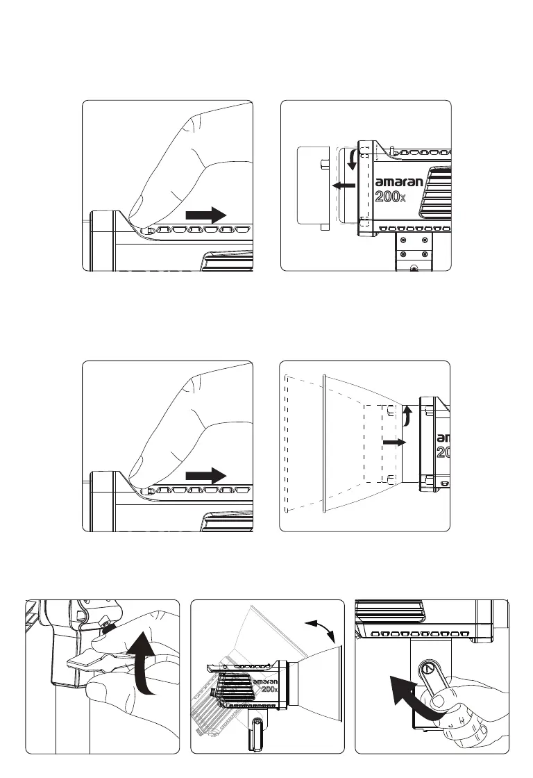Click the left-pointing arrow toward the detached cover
[344, 185]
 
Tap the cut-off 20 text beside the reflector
[443, 452]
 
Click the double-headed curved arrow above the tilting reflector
[320, 628]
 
